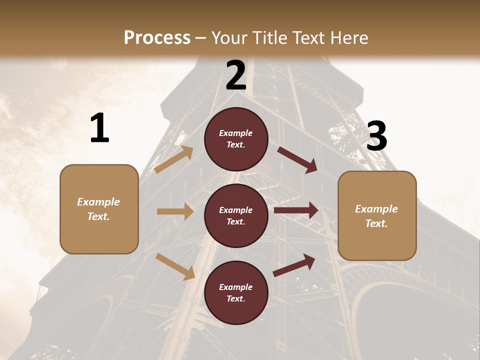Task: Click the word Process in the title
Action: click(157, 38)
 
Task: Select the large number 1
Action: click(99, 128)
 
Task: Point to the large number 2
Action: click(236, 75)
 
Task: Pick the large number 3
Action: click(376, 137)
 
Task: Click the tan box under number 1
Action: click(99, 209)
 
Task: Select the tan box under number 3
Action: click(377, 215)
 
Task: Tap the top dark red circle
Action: click(236, 139)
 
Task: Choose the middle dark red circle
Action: click(236, 215)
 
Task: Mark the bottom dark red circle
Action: click(236, 292)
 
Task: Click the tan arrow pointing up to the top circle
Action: click(173, 159)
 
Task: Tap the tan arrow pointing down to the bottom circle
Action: click(175, 266)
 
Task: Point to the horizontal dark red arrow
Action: click(296, 210)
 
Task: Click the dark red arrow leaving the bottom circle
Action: click(294, 265)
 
